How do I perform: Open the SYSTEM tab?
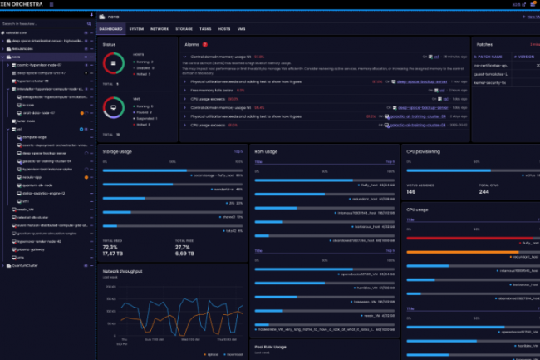pos(136,29)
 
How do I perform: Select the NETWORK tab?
pos(160,29)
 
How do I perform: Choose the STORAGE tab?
pos(184,29)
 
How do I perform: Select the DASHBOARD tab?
pos(111,29)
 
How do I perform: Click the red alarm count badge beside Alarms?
pos(205,44)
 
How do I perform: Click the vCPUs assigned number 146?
pos(411,191)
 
